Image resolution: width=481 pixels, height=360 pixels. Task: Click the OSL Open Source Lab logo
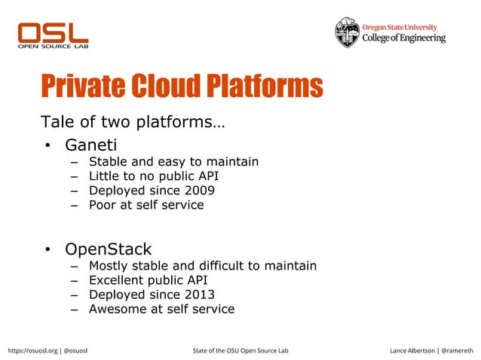53,35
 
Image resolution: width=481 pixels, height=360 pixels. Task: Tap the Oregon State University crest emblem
348,32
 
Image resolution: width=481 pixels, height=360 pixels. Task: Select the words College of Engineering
404,38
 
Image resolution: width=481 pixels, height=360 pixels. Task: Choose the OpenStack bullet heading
108,249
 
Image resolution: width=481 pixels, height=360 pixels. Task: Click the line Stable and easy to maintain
173,162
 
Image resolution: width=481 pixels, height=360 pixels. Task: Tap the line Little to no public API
154,176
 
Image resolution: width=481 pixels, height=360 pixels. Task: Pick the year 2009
199,191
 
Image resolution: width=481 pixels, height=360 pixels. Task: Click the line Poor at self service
146,205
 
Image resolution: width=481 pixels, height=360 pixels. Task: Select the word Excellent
116,280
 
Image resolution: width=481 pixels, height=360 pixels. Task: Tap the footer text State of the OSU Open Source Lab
240,350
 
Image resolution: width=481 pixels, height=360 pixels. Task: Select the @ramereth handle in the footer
458,350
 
